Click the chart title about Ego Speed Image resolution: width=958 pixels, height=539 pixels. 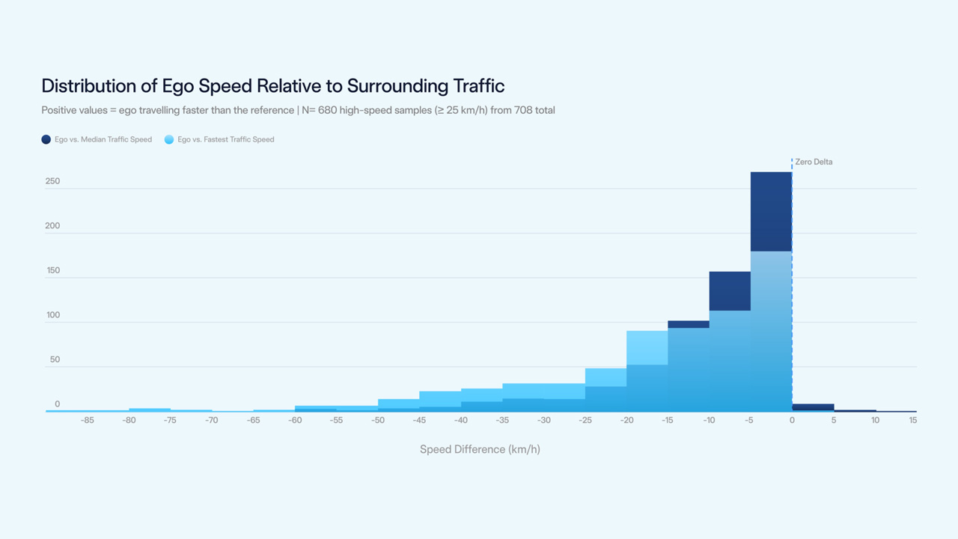pos(273,86)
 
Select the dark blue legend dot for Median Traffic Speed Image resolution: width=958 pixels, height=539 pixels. pos(46,139)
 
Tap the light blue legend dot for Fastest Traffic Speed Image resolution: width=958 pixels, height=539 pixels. pos(169,139)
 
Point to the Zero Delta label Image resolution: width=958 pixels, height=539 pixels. pos(814,162)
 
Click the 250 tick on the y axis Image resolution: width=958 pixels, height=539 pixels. pos(52,181)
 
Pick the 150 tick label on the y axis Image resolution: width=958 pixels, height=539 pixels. pos(53,270)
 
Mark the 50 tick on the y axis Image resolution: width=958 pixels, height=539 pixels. pos(55,359)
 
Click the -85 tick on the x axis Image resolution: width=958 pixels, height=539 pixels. pos(88,420)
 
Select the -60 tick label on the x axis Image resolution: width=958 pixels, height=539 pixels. pos(295,420)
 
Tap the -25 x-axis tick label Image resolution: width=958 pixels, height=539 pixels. pos(585,420)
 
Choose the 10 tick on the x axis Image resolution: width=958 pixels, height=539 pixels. pos(875,420)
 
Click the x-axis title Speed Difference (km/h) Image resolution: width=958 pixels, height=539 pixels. pos(480,449)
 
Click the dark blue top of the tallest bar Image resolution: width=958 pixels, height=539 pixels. pos(771,212)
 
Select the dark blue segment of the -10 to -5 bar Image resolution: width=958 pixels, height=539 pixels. pos(730,291)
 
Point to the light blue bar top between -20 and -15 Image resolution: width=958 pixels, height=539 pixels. pos(647,347)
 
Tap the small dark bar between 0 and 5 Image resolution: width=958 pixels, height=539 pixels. pos(813,406)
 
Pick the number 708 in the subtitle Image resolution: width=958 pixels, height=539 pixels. pos(523,110)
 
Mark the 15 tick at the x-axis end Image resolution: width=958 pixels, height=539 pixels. pos(913,420)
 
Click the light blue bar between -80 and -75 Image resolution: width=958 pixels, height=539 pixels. pos(150,409)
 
